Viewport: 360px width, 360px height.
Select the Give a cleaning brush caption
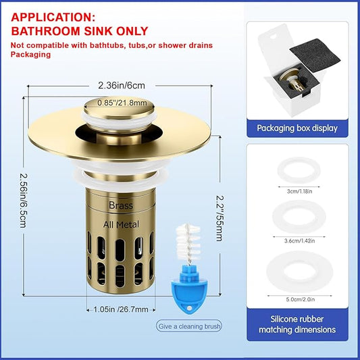tap(188, 326)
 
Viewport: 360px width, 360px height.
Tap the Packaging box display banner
tap(297, 126)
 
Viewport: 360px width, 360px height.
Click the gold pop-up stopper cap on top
tap(109, 111)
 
